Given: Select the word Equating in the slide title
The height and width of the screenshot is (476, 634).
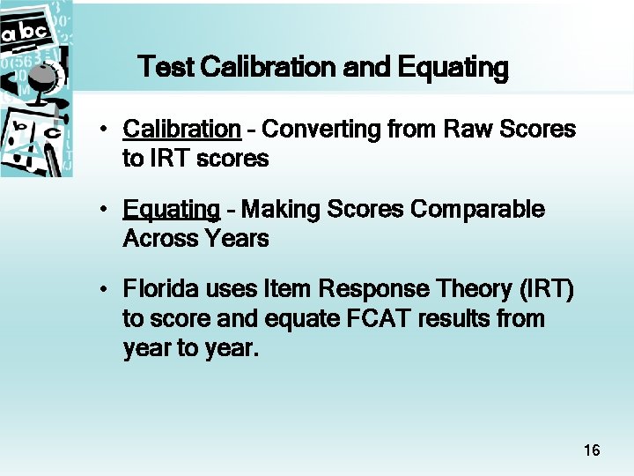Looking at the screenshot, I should (x=453, y=67).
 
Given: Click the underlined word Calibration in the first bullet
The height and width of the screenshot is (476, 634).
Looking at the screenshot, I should (x=181, y=130).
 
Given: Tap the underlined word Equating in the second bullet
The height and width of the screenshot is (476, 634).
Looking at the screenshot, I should (x=172, y=211).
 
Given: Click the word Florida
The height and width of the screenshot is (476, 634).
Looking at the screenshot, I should (x=159, y=289).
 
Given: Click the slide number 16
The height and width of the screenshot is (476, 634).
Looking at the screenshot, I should (x=592, y=451).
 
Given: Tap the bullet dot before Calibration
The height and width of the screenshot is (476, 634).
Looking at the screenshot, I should (x=104, y=130).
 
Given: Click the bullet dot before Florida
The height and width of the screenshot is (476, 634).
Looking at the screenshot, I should (x=104, y=290).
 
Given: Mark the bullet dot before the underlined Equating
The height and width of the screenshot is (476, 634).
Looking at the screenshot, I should (x=104, y=211).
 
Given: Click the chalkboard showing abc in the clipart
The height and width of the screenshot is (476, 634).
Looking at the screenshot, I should (x=24, y=33).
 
